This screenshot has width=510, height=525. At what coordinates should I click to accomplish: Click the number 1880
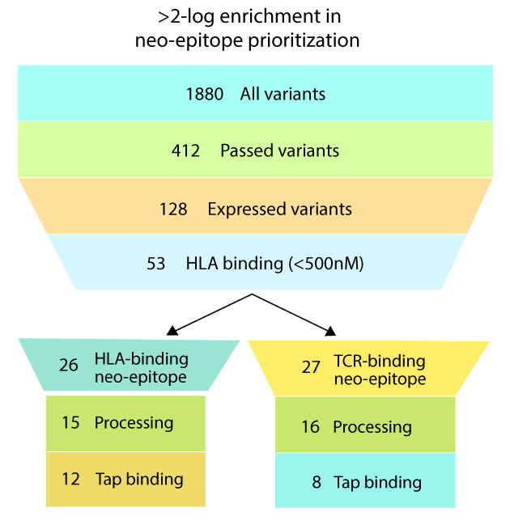click(x=204, y=94)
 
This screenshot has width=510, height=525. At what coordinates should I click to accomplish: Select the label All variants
click(x=283, y=94)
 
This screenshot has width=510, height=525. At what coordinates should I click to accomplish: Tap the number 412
click(x=185, y=150)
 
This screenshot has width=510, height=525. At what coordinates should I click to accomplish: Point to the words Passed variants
click(x=280, y=150)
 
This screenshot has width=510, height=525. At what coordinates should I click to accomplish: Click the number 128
click(x=173, y=210)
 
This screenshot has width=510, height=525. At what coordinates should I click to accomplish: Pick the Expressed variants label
click(x=280, y=210)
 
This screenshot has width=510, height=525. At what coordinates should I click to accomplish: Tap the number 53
click(x=155, y=264)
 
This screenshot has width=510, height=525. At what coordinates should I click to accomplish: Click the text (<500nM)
click(x=326, y=264)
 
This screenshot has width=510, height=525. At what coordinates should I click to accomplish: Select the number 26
click(x=69, y=365)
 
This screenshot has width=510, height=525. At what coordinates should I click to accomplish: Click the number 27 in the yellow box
click(x=311, y=367)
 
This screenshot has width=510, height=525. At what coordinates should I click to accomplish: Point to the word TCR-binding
click(x=380, y=361)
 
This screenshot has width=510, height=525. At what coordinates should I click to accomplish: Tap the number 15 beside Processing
click(x=70, y=422)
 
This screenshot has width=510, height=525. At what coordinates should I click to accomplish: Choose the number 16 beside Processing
click(x=310, y=427)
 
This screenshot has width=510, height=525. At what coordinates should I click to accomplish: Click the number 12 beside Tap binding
click(x=70, y=479)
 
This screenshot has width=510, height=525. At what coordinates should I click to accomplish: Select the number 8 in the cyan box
click(x=317, y=482)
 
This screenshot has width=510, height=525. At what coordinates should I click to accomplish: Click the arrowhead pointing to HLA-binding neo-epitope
click(x=172, y=331)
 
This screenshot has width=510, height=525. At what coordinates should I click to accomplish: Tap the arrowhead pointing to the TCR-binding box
click(x=330, y=331)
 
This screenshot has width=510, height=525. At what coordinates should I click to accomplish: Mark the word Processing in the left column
click(x=134, y=423)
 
